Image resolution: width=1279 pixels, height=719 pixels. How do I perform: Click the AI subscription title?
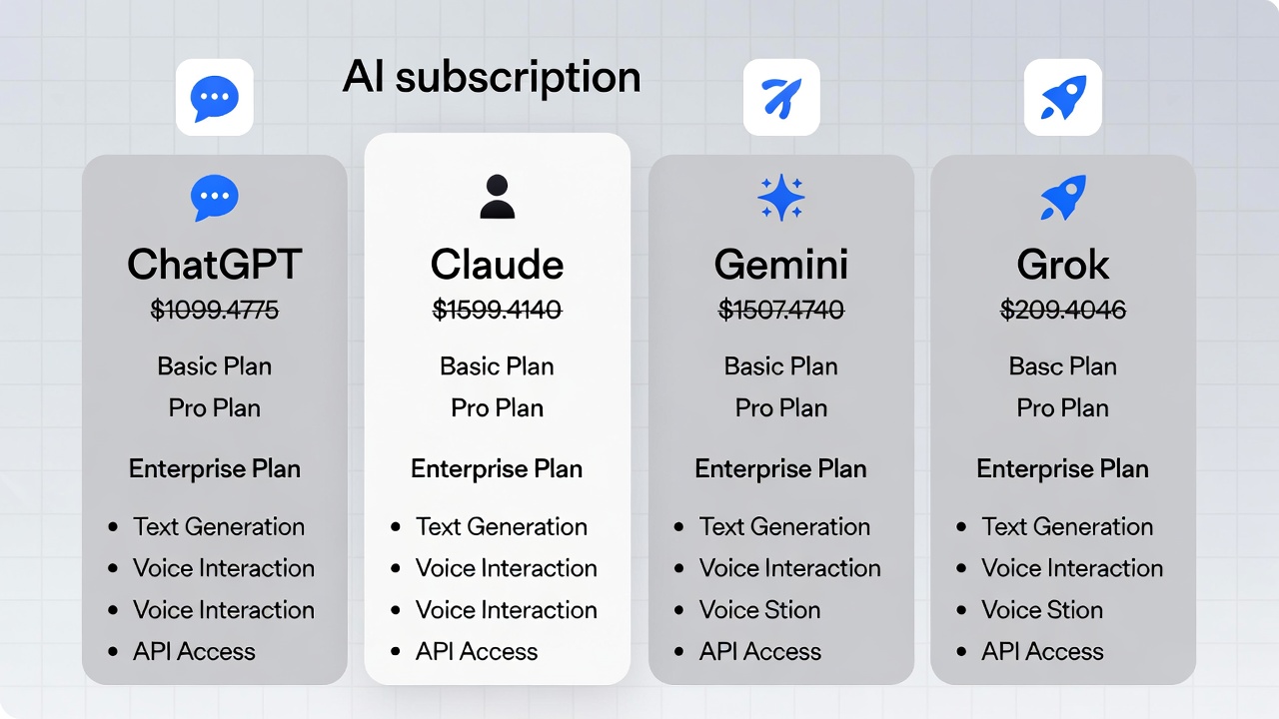pyautogui.click(x=492, y=78)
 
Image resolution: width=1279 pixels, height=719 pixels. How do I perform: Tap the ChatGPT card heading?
pyautogui.click(x=215, y=265)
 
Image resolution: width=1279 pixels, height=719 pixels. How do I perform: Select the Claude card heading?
pyautogui.click(x=497, y=265)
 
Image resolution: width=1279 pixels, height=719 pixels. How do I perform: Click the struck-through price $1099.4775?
pyautogui.click(x=215, y=311)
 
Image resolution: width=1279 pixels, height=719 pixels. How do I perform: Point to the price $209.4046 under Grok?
pyautogui.click(x=1063, y=311)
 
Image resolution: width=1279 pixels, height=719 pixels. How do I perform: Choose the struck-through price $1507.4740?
pyautogui.click(x=781, y=311)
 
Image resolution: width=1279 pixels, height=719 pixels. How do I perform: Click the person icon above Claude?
pyautogui.click(x=497, y=197)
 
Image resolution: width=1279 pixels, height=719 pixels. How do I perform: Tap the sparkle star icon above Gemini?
pyautogui.click(x=781, y=198)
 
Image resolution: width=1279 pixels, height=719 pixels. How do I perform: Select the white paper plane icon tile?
pyautogui.click(x=781, y=97)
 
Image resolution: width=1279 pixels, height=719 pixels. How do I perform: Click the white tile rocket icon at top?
pyautogui.click(x=1063, y=97)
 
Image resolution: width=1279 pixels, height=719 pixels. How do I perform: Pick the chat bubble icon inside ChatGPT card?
pyautogui.click(x=215, y=198)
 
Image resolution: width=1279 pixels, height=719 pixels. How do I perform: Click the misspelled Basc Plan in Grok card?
pyautogui.click(x=1063, y=366)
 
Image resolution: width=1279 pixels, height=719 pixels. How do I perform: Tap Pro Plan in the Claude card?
pyautogui.click(x=497, y=408)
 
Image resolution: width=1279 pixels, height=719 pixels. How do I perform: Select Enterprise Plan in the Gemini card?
pyautogui.click(x=781, y=468)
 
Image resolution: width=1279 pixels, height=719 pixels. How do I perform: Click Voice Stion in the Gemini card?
pyautogui.click(x=759, y=609)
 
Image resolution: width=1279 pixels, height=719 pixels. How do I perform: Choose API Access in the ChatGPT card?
pyautogui.click(x=194, y=651)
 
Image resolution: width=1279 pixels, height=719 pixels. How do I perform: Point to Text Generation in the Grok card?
pyautogui.click(x=1067, y=526)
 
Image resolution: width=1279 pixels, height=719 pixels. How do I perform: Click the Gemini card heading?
pyautogui.click(x=781, y=265)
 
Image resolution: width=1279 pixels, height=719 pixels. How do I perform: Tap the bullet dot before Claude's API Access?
pyautogui.click(x=396, y=652)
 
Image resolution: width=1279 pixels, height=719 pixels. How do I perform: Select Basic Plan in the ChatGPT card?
pyautogui.click(x=215, y=366)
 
